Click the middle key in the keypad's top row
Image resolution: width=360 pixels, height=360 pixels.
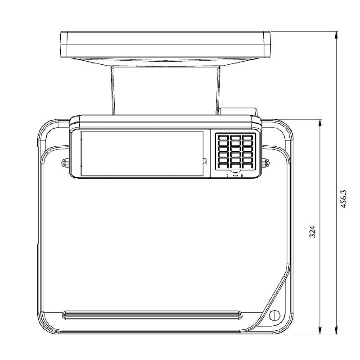point(235,137)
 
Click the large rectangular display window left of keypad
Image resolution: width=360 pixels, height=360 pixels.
point(142,153)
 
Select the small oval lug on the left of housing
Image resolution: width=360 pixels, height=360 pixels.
point(66,161)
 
